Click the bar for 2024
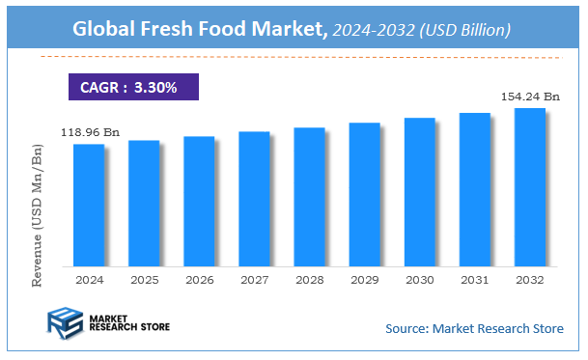[x=89, y=205]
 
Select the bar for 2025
[x=144, y=203]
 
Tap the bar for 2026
[x=199, y=201]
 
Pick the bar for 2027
[x=254, y=198]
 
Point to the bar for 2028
[x=309, y=196]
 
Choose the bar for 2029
[x=364, y=194]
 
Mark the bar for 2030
[x=419, y=191]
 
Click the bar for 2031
[x=474, y=189]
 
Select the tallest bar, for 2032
[x=529, y=186]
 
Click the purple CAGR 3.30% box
[x=134, y=86]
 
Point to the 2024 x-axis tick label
[x=89, y=279]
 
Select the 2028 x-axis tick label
[x=309, y=279]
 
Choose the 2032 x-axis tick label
[x=529, y=279]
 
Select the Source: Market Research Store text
[x=473, y=329]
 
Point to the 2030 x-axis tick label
[x=419, y=279]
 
